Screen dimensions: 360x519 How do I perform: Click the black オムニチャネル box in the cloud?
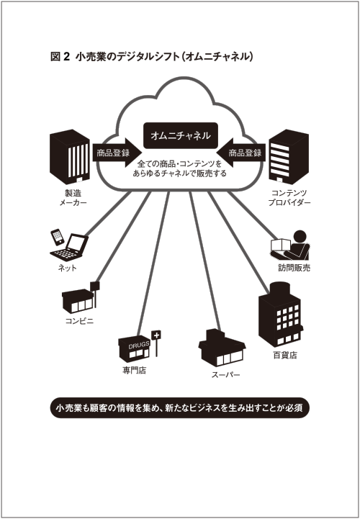[181, 135]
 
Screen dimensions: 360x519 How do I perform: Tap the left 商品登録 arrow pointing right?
[117, 153]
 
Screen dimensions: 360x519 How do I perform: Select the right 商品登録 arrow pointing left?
[241, 153]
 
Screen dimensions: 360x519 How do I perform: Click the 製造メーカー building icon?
[70, 156]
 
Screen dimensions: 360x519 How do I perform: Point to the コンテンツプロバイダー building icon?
[289, 156]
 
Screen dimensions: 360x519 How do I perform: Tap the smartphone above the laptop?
[58, 237]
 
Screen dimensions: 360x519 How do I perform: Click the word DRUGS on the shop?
[139, 346]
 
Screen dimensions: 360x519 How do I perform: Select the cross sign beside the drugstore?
[156, 335]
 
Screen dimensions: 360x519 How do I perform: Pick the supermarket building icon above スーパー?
[222, 348]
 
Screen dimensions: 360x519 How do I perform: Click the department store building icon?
[281, 314]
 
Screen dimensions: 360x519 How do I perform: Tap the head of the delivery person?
[300, 237]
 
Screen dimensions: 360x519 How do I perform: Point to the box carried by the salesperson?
[280, 245]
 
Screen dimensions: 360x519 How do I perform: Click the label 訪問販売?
[294, 268]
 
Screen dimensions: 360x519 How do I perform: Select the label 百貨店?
[285, 356]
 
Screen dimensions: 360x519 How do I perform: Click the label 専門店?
[134, 371]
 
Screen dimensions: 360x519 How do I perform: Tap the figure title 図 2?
[60, 57]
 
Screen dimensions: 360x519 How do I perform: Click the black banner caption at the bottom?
[180, 407]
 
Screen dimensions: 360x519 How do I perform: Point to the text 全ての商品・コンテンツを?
[179, 164]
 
